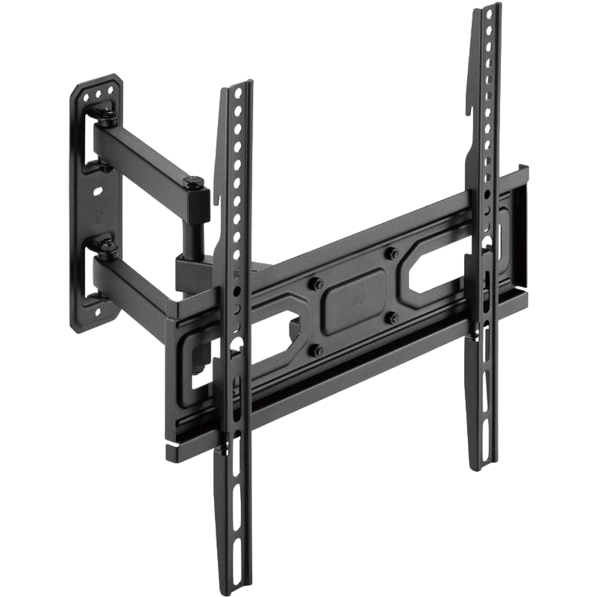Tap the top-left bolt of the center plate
click(314, 283)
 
